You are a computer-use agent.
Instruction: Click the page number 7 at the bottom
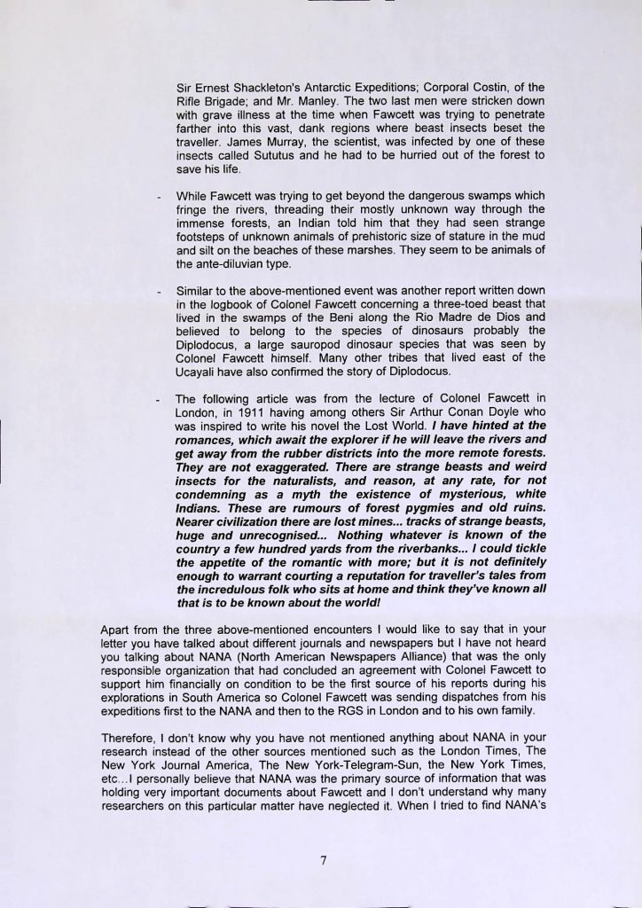tap(321, 859)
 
